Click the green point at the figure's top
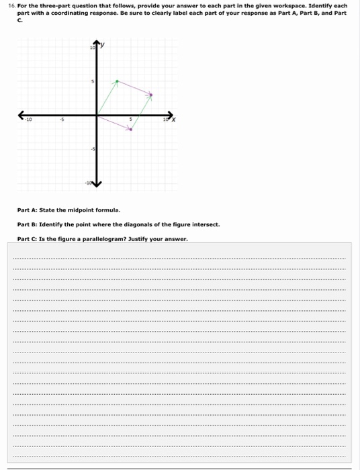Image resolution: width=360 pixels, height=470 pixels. (117, 82)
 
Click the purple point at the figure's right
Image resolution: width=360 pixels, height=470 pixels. (150, 95)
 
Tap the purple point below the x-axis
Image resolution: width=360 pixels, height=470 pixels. (131, 129)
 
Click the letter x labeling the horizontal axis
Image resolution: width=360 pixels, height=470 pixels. (173, 120)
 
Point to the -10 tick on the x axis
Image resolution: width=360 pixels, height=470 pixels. (28, 121)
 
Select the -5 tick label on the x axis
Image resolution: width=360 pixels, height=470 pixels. (62, 121)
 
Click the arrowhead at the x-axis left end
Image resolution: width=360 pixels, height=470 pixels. (21, 115)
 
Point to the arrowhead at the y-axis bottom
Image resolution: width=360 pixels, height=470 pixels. (97, 183)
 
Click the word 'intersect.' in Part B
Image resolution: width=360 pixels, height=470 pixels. (206, 225)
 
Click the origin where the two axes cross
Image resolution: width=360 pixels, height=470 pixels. (97, 115)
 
